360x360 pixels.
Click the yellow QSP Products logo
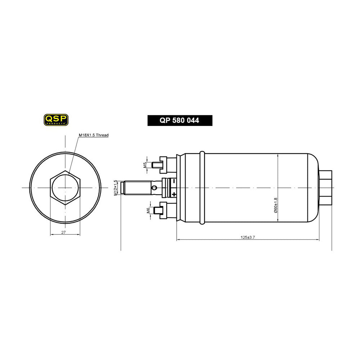click(x=56, y=120)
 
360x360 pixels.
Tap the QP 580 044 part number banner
click(x=180, y=121)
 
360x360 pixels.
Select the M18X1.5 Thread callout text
click(x=94, y=135)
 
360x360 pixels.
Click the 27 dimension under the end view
click(x=63, y=233)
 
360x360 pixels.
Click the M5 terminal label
click(x=145, y=165)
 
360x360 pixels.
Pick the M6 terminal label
click(x=148, y=210)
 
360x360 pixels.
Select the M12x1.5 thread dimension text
click(x=116, y=188)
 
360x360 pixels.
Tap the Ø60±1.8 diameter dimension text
click(x=276, y=205)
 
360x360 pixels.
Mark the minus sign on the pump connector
click(x=174, y=181)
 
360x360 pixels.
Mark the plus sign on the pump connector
click(x=174, y=194)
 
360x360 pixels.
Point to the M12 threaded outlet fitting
click(x=137, y=188)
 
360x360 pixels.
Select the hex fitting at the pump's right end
click(x=326, y=188)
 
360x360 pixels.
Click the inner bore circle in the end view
click(x=65, y=188)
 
